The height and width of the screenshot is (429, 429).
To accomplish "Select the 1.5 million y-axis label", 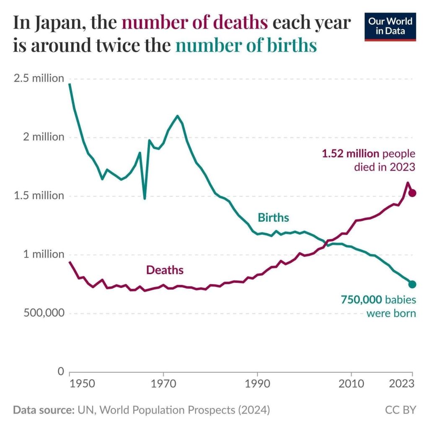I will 38,196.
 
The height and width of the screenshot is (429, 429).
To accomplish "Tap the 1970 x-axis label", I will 163,385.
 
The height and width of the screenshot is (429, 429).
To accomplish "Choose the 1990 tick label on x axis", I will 257,385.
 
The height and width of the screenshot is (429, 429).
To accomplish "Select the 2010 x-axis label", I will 351,385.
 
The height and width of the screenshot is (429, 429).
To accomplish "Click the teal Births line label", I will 273,218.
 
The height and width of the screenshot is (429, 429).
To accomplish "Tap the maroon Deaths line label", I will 165,270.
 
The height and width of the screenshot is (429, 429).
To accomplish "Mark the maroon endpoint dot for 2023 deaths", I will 412,193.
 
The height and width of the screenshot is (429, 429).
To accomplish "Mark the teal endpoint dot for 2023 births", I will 412,284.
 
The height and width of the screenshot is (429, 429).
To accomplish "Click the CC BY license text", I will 401,410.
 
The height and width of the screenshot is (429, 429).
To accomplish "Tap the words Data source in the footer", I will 41,410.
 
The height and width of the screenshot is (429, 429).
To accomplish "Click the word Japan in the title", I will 58,23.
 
